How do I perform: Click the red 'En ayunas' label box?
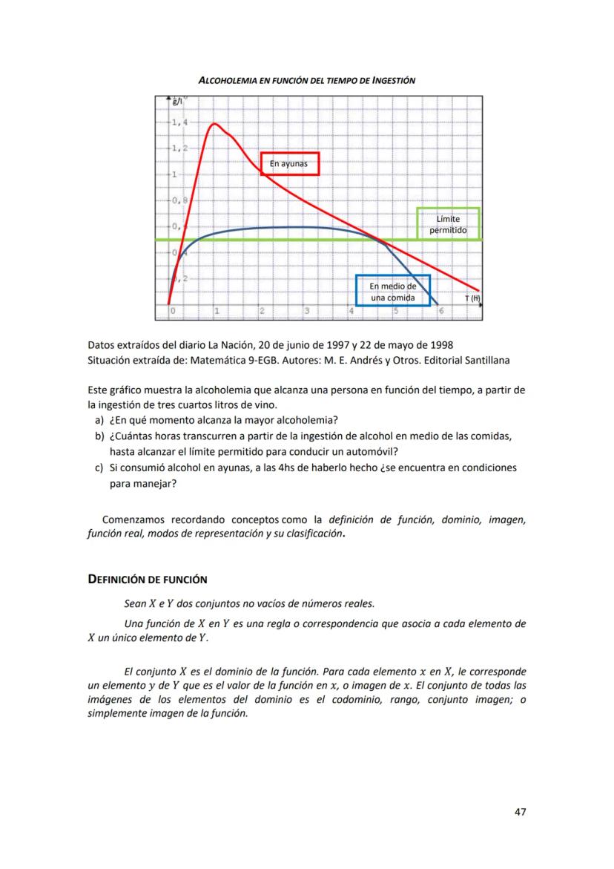click(290, 163)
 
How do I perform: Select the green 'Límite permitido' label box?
click(448, 224)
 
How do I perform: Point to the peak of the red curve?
click(214, 124)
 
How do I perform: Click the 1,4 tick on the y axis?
click(178, 122)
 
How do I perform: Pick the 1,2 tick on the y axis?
click(178, 148)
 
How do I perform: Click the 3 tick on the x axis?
click(306, 311)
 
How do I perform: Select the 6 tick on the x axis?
click(440, 311)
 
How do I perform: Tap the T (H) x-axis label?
click(472, 298)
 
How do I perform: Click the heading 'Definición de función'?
click(148, 579)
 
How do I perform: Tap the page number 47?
click(520, 812)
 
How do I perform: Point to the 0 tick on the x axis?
click(172, 311)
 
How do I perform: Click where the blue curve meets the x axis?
click(439, 304)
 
